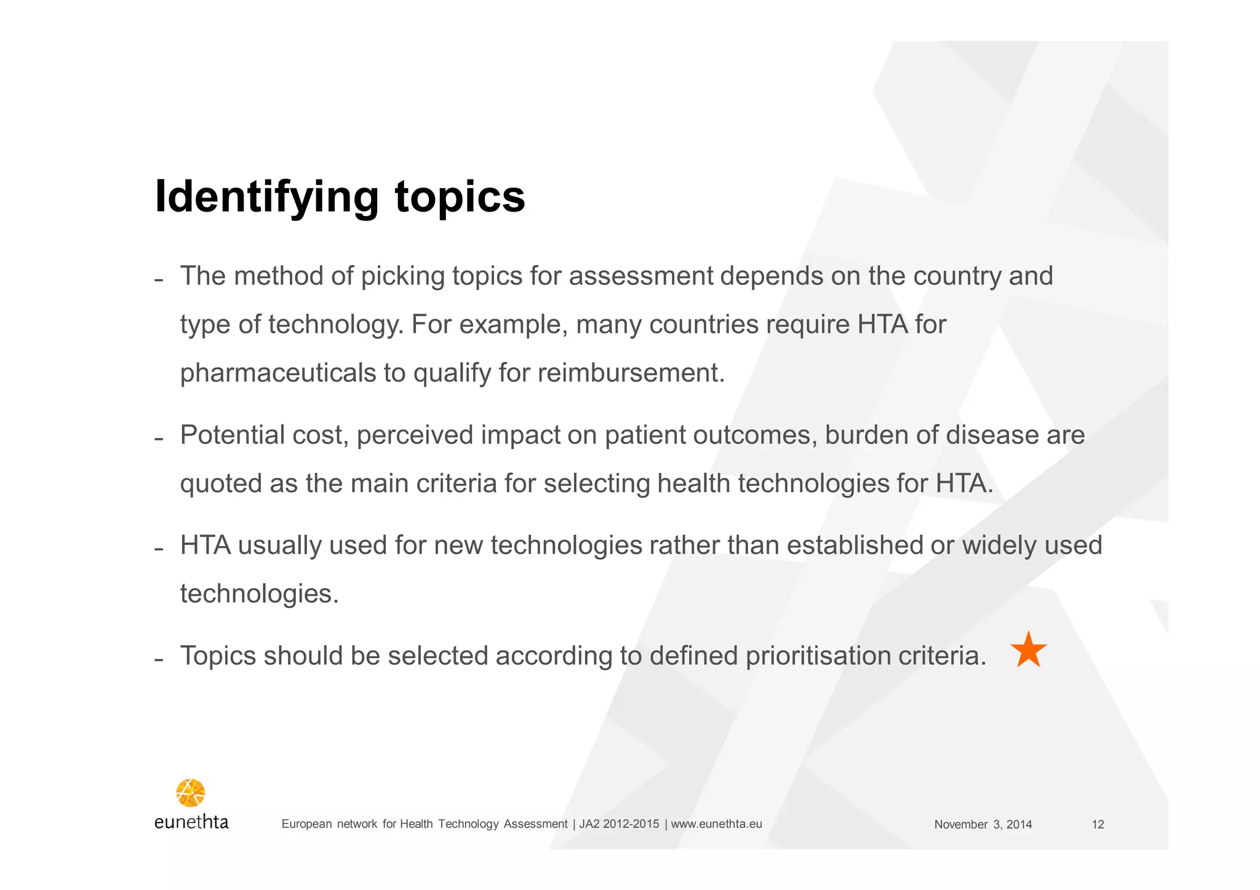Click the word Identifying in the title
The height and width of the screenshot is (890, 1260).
(x=266, y=197)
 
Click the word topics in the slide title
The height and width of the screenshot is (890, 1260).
(x=460, y=197)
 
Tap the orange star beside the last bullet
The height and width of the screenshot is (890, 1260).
(x=1028, y=650)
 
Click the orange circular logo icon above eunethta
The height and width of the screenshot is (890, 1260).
(x=191, y=793)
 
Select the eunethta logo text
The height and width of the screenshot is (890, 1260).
(x=191, y=822)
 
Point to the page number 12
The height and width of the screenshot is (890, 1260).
(x=1098, y=825)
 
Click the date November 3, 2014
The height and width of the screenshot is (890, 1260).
(x=983, y=825)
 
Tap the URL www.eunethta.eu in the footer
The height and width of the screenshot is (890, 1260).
(x=716, y=824)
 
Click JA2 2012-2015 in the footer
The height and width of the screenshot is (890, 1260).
(x=619, y=824)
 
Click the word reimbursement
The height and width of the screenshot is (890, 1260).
(x=631, y=373)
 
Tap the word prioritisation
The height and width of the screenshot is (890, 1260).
(x=818, y=656)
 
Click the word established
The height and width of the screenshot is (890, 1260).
(x=855, y=546)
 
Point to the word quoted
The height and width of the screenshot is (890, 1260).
(x=221, y=484)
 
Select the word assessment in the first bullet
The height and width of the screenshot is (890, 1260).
(x=640, y=276)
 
